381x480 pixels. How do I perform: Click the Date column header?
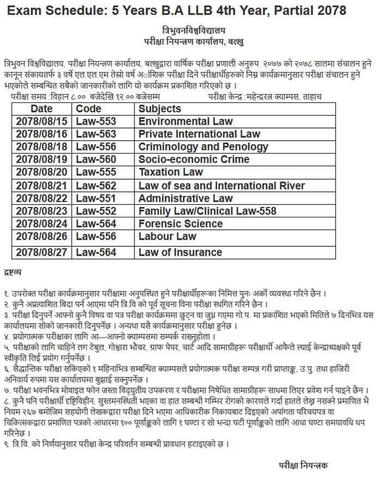coord(41,109)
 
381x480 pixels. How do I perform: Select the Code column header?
coord(89,109)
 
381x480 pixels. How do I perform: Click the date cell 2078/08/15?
coord(41,121)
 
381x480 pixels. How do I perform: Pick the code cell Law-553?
coord(96,121)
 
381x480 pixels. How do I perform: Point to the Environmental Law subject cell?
coord(186,121)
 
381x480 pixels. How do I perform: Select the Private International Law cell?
coord(199,134)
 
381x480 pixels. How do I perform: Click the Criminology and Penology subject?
coord(203,147)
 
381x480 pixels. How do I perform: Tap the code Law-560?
coord(96,160)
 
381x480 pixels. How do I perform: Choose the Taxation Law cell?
coord(170,172)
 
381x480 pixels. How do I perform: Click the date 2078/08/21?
coord(41,186)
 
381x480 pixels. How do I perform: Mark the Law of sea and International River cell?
coord(222,186)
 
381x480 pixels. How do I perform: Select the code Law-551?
coord(96,198)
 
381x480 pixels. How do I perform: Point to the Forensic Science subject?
coord(180,224)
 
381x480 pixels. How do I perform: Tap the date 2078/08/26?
coord(41,237)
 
